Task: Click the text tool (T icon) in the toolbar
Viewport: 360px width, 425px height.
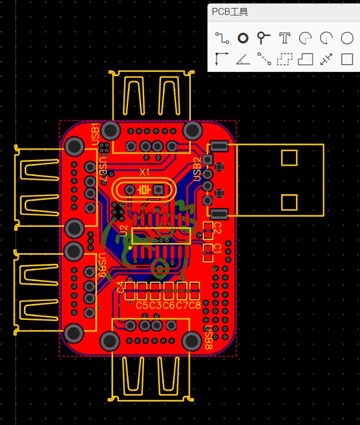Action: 285,38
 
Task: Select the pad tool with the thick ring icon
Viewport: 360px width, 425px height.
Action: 243,38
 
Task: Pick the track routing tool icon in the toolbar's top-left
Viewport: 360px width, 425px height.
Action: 222,38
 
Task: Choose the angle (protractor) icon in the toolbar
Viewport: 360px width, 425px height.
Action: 243,59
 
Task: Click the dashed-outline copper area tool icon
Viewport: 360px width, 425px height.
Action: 285,59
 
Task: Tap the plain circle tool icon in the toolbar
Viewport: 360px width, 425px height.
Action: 347,38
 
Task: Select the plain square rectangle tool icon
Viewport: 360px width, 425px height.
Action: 347,59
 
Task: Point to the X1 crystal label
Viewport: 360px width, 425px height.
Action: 145,171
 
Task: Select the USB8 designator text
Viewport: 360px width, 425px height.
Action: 209,339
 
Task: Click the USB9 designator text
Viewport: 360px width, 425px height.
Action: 101,263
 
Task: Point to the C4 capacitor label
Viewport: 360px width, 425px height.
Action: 120,286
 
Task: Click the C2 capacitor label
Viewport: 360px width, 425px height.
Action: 217,228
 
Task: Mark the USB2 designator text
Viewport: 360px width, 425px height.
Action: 197,169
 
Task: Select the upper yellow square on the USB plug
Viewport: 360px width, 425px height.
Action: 289,158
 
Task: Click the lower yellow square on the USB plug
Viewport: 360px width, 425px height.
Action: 289,202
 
